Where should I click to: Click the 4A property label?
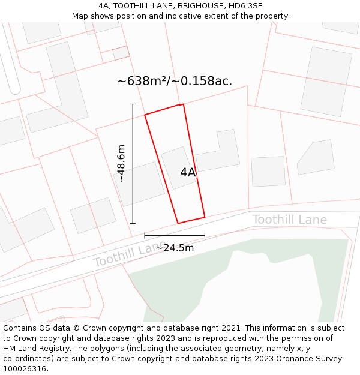[x=188, y=173]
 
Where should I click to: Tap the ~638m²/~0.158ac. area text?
[x=175, y=81]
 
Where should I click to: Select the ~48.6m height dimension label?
[x=121, y=163]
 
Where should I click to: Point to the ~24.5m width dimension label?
[x=175, y=248]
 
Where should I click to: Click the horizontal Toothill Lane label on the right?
[x=289, y=220]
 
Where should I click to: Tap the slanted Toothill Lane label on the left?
[x=129, y=254]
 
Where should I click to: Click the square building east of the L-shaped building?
[x=268, y=171]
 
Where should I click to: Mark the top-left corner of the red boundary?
[x=145, y=115]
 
